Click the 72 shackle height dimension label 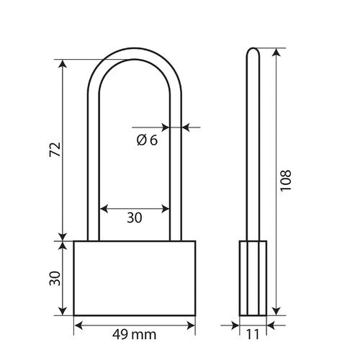pos(55,150)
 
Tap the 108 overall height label pos(286,181)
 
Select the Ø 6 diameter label pos(147,140)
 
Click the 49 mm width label pos(134,334)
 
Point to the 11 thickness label pos(253,334)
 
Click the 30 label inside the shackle pos(135,217)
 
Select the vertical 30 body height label pos(55,279)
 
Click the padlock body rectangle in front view pos(135,278)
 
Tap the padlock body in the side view pos(253,278)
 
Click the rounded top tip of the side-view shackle pos(253,48)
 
